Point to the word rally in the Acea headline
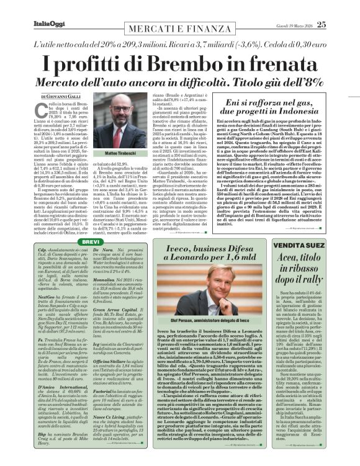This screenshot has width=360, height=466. tap(324, 271)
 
